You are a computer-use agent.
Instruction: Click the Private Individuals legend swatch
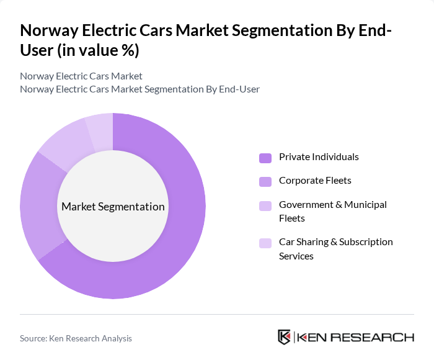265,158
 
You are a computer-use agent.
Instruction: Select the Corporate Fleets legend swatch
265,181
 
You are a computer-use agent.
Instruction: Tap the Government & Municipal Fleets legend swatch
265,205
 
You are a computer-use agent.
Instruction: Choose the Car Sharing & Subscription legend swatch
265,243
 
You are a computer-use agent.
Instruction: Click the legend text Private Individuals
319,157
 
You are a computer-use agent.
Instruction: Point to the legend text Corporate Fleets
315,181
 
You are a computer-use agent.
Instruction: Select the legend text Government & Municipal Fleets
332,211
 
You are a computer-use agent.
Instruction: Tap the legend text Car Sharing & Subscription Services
335,248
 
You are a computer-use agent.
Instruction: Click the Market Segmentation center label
113,207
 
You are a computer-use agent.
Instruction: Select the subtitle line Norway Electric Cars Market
81,76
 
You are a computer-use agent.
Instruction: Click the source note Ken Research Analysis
76,338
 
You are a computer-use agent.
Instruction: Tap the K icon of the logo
285,337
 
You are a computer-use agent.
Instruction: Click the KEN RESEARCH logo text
356,337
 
